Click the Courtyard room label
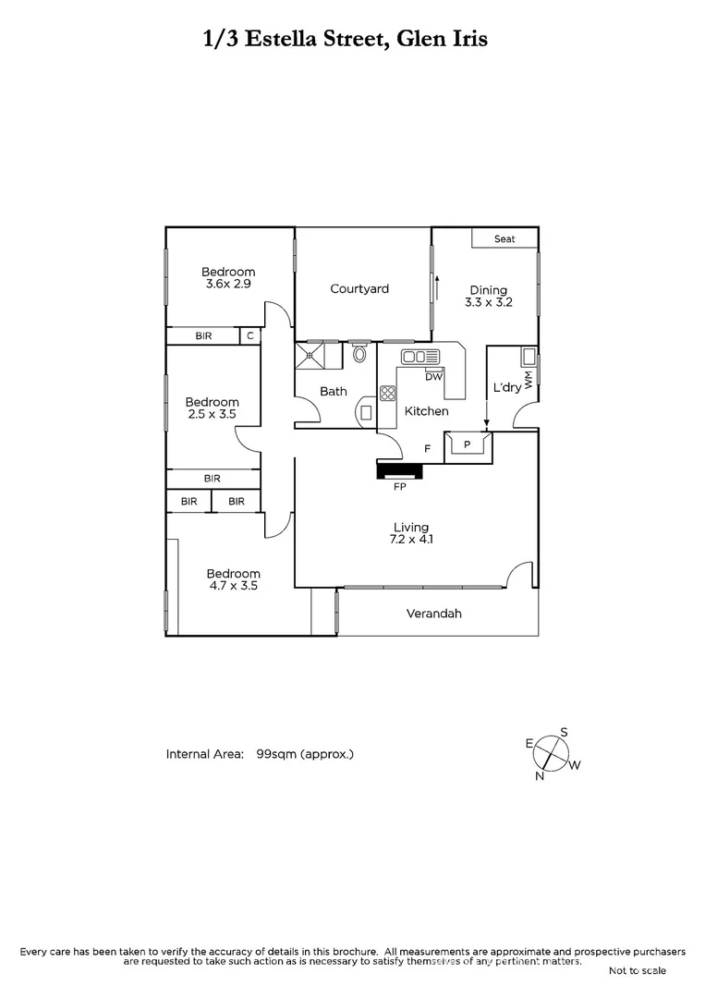(359, 289)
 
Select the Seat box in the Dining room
(504, 238)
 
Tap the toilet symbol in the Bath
(359, 352)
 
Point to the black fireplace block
(399, 471)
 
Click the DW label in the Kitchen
(433, 376)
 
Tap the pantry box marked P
(468, 445)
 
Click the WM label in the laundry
(529, 380)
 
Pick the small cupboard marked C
(249, 336)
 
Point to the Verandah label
(433, 614)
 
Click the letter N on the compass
(540, 776)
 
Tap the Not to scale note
(637, 970)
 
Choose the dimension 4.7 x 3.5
(233, 586)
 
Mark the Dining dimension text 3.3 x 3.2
(488, 302)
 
